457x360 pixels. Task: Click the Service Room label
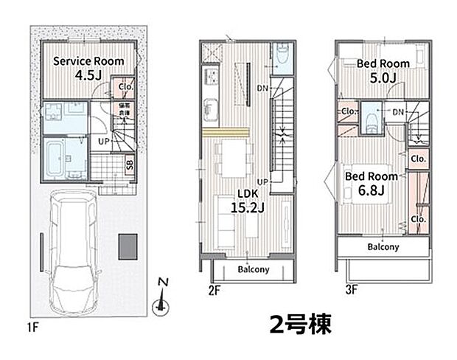click(87, 61)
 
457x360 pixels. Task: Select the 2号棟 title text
click(301, 322)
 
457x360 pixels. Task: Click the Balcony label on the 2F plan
click(253, 269)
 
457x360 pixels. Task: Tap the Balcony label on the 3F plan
click(383, 247)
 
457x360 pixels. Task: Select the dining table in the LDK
click(234, 156)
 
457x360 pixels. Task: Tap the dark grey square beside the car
click(128, 244)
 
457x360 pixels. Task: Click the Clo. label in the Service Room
click(124, 87)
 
